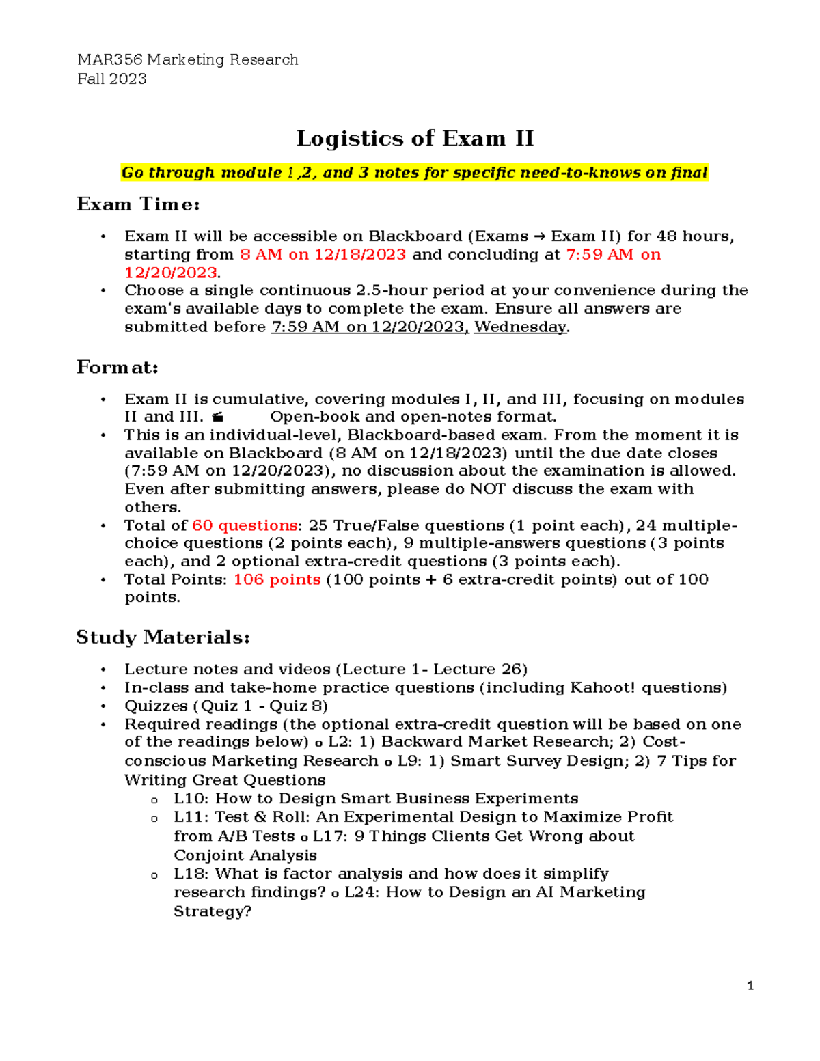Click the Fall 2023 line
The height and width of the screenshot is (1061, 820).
tap(112, 79)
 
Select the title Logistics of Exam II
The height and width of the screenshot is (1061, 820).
tap(415, 139)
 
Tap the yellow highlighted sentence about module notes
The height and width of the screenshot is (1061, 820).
tap(414, 173)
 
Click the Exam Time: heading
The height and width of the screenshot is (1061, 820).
tap(138, 204)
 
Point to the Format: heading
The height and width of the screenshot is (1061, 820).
tap(118, 368)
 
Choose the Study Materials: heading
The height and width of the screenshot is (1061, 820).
tap(163, 637)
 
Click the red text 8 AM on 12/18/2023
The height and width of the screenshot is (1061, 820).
tap(323, 255)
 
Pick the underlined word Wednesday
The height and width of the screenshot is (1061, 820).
tap(521, 327)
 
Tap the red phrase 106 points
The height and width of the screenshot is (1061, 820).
tap(277, 579)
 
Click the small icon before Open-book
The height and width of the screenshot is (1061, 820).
tap(218, 417)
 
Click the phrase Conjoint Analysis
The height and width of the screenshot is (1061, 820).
tap(245, 855)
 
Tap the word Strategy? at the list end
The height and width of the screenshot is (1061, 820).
tap(213, 911)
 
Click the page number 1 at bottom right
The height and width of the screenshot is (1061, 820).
tap(750, 986)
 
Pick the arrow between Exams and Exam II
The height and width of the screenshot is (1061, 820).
tap(539, 237)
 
